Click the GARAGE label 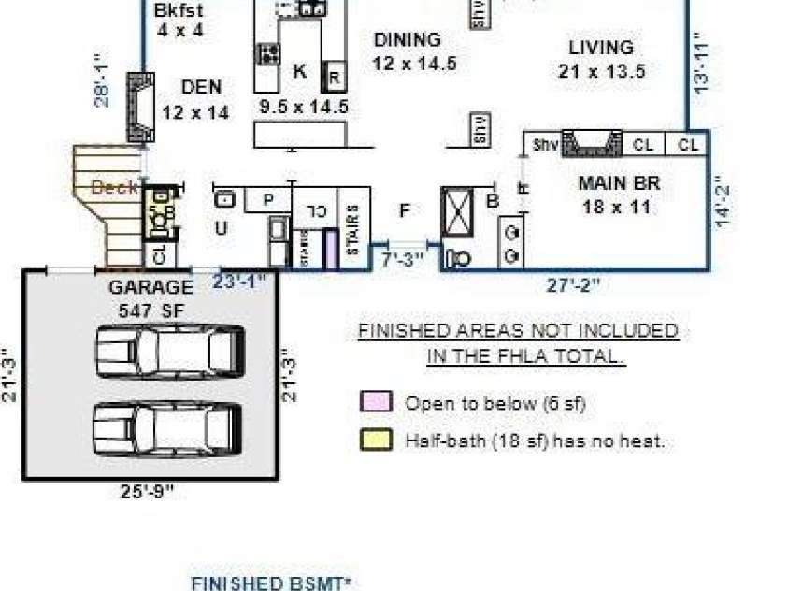pyautogui.click(x=150, y=287)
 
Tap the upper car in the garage pyautogui.click(x=169, y=351)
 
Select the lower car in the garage pyautogui.click(x=169, y=427)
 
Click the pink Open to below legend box pyautogui.click(x=376, y=402)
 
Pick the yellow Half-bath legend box pyautogui.click(x=376, y=440)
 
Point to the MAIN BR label pyautogui.click(x=619, y=183)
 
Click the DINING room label pyautogui.click(x=407, y=40)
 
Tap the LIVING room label pyautogui.click(x=601, y=47)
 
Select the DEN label pyautogui.click(x=201, y=87)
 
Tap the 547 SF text pyautogui.click(x=150, y=310)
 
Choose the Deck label pyautogui.click(x=115, y=187)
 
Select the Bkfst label pyautogui.click(x=179, y=12)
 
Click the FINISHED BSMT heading pyautogui.click(x=271, y=584)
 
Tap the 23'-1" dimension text pyautogui.click(x=240, y=280)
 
